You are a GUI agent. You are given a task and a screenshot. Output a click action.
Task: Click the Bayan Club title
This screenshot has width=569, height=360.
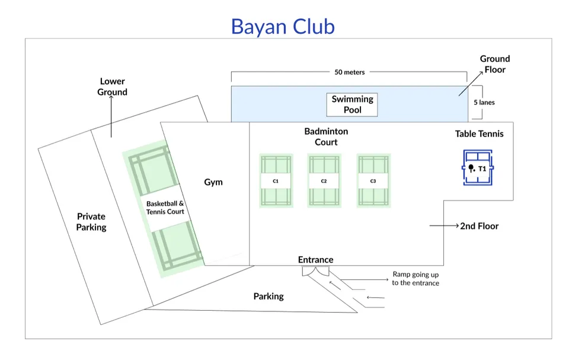point(283,27)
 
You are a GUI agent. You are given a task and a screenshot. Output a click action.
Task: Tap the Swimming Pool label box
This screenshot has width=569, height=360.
point(352,104)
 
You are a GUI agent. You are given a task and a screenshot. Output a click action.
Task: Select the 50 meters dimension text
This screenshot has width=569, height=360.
point(350,72)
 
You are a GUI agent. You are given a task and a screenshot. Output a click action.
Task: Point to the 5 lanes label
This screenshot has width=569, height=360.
point(484,103)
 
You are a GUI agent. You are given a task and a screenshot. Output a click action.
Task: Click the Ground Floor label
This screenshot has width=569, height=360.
point(494,64)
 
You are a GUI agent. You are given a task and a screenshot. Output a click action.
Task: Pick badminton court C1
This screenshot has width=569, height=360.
point(276,181)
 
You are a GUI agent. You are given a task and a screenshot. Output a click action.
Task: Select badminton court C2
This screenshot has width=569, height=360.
point(324,181)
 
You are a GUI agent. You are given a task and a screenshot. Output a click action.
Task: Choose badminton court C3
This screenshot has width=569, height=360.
point(372,181)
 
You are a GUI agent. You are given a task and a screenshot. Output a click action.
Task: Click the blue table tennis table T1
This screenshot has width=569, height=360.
point(477,168)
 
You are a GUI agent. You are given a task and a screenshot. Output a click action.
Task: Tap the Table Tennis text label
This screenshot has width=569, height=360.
point(479,134)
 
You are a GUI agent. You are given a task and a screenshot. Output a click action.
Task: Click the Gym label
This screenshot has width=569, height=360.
point(213,182)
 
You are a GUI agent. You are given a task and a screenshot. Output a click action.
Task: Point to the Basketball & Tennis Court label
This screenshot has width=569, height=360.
point(165,208)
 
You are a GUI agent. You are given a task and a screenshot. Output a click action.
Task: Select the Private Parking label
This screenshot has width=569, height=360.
point(91,222)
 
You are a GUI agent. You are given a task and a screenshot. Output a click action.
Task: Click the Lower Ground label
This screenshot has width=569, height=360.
point(113,87)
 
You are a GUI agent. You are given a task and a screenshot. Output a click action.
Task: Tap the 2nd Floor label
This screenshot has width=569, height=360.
point(479,226)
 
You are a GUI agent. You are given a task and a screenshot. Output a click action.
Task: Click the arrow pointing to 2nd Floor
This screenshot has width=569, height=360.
point(443,226)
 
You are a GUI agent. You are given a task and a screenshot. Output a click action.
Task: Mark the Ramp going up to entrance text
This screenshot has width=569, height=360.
point(415,279)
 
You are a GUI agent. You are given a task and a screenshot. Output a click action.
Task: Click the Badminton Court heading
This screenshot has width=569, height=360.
point(326,136)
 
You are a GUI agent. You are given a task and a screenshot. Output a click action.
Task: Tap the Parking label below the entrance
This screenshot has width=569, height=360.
point(268,296)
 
